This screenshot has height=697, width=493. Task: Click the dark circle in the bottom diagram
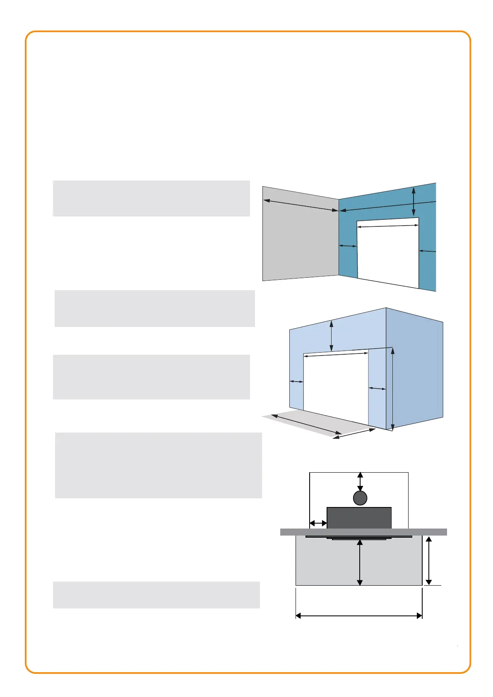[x=360, y=498]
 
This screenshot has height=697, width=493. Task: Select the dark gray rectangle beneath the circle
[x=359, y=518]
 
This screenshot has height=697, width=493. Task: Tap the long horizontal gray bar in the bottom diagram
[x=363, y=532]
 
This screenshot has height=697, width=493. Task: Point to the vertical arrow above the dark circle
[x=360, y=481]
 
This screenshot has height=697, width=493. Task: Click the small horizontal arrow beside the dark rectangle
[x=318, y=524]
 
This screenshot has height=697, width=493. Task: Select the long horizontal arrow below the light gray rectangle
[x=359, y=616]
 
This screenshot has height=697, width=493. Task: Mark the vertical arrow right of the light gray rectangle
[x=429, y=560]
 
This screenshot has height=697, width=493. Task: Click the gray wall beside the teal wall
[x=300, y=240]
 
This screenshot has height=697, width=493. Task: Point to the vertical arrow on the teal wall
[x=414, y=202]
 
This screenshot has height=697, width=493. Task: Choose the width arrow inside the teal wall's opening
[x=387, y=226]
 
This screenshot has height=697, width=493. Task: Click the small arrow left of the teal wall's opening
[x=348, y=246]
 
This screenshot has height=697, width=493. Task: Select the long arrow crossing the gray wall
[x=301, y=206]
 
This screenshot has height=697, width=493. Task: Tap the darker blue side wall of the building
[x=415, y=368]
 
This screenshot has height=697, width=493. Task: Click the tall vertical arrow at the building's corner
[x=392, y=389]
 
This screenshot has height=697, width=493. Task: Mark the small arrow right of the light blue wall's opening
[x=377, y=388]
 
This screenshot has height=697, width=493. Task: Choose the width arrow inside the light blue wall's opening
[x=336, y=354]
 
